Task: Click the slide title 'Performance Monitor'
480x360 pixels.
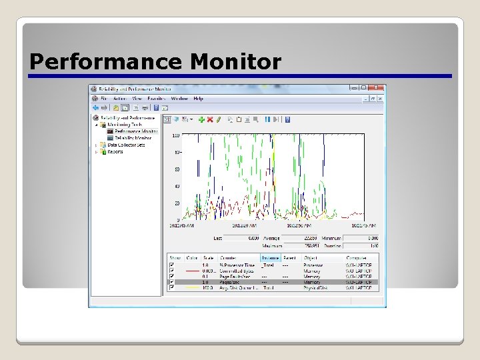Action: [x=155, y=62]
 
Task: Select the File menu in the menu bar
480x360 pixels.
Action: [x=105, y=99]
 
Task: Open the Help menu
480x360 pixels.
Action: [x=198, y=99]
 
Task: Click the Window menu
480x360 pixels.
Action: [x=179, y=99]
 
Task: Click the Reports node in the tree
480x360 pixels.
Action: [x=115, y=151]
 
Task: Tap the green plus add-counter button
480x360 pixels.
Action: [x=201, y=119]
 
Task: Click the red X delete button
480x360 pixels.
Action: [x=209, y=119]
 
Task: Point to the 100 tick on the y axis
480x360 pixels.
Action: [x=176, y=136]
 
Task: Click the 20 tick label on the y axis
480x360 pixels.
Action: [x=177, y=203]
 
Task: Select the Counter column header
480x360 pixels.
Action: [x=229, y=258]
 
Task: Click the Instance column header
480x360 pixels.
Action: [x=269, y=258]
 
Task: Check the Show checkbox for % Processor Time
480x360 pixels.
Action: [x=172, y=265]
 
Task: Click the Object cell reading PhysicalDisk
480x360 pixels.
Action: [x=315, y=288]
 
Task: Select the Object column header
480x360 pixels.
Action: [x=312, y=258]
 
